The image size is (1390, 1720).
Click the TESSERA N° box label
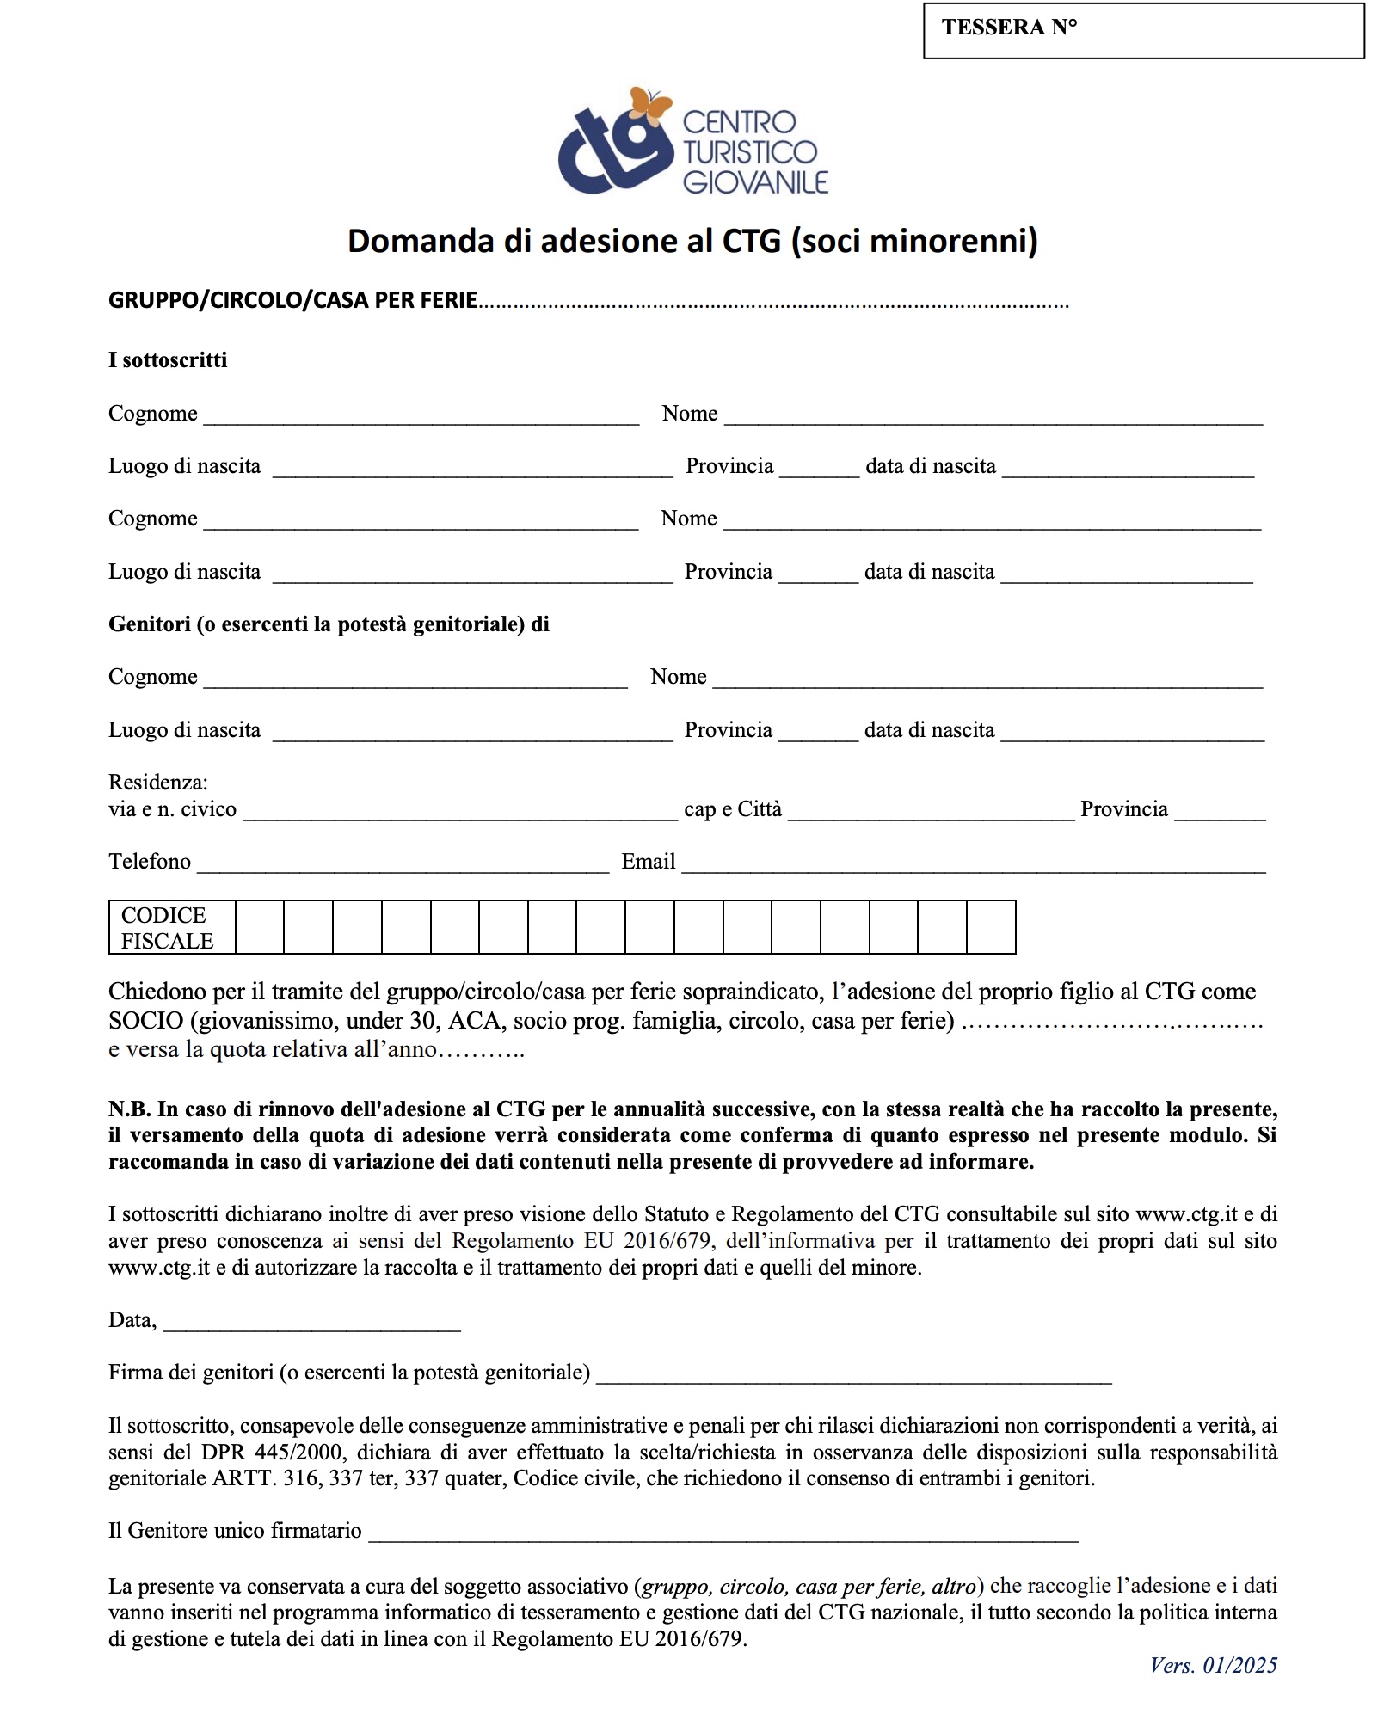(1009, 28)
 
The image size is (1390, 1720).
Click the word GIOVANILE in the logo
(755, 182)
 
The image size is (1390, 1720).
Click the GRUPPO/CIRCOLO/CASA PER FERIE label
(292, 300)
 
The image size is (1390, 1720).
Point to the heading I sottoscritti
(168, 359)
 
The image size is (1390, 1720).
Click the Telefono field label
(150, 861)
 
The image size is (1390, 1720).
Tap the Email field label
(648, 861)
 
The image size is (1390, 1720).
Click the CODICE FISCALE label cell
(168, 927)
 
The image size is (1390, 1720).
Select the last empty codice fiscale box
(991, 927)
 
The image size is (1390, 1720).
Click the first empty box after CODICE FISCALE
(259, 927)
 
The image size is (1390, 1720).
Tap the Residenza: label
(158, 782)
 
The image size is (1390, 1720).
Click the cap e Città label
(733, 809)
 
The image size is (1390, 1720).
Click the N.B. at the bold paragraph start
(129, 1109)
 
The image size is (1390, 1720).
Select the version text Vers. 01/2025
(1213, 1665)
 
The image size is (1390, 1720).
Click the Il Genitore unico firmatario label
(235, 1530)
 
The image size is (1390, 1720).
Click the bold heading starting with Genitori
(329, 623)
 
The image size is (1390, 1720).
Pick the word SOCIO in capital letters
(146, 1021)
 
